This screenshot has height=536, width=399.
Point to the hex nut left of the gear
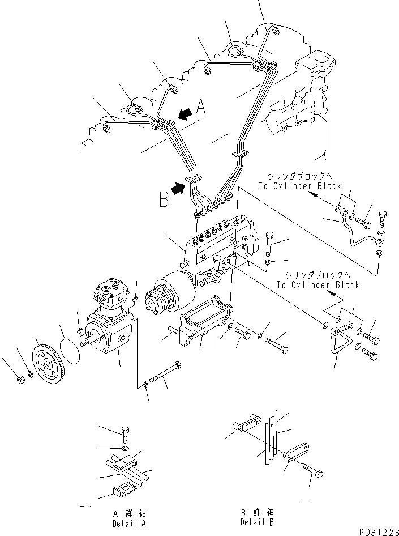(19, 378)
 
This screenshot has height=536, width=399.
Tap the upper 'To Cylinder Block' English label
(299, 186)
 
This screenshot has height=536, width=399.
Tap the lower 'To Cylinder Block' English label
(318, 285)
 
